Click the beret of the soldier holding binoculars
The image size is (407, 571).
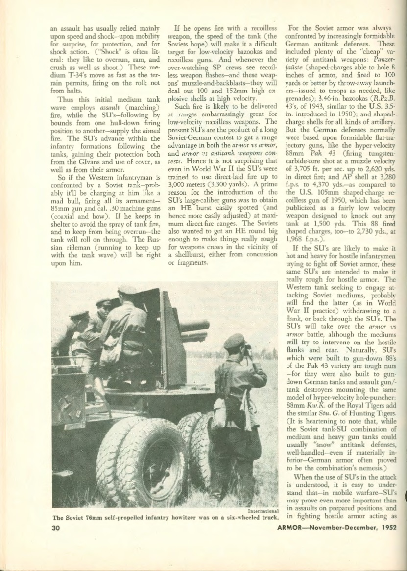234,341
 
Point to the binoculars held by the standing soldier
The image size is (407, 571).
247,348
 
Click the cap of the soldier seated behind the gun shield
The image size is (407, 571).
127,290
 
